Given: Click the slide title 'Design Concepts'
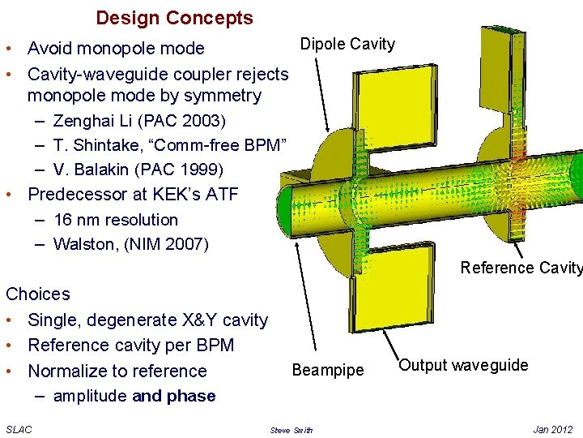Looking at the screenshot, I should pos(174,18).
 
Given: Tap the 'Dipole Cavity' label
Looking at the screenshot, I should pos(347,45).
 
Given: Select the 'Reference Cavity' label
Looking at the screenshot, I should pos(521,268).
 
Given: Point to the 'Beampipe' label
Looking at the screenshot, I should pos(328,371).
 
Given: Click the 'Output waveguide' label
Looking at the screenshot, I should pos(464,365).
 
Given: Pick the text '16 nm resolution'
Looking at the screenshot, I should pos(115,220).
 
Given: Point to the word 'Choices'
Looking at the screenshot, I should pos(38,294).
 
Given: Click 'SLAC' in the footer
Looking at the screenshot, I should pos(19,429).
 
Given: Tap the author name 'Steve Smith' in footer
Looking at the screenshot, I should pos(291,430).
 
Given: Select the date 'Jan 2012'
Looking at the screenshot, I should pos(553,429).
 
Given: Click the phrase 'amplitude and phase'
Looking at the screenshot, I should pos(134,396).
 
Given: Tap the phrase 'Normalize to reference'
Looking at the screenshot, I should pos(117,371).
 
